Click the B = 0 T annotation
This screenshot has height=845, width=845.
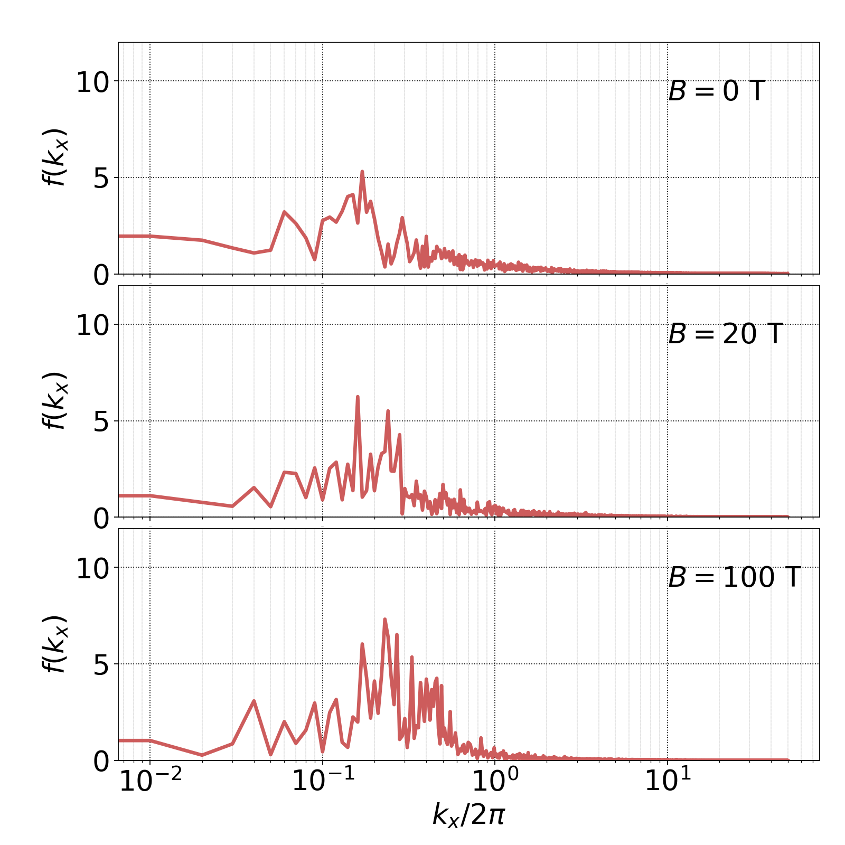pos(716,91)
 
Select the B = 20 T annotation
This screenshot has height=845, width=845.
pos(725,334)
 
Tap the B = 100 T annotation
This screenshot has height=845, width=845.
pos(734,577)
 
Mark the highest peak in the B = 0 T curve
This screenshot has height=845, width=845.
pos(362,172)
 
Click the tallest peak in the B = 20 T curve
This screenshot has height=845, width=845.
pos(358,396)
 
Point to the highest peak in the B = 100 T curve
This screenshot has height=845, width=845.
pos(384,619)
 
